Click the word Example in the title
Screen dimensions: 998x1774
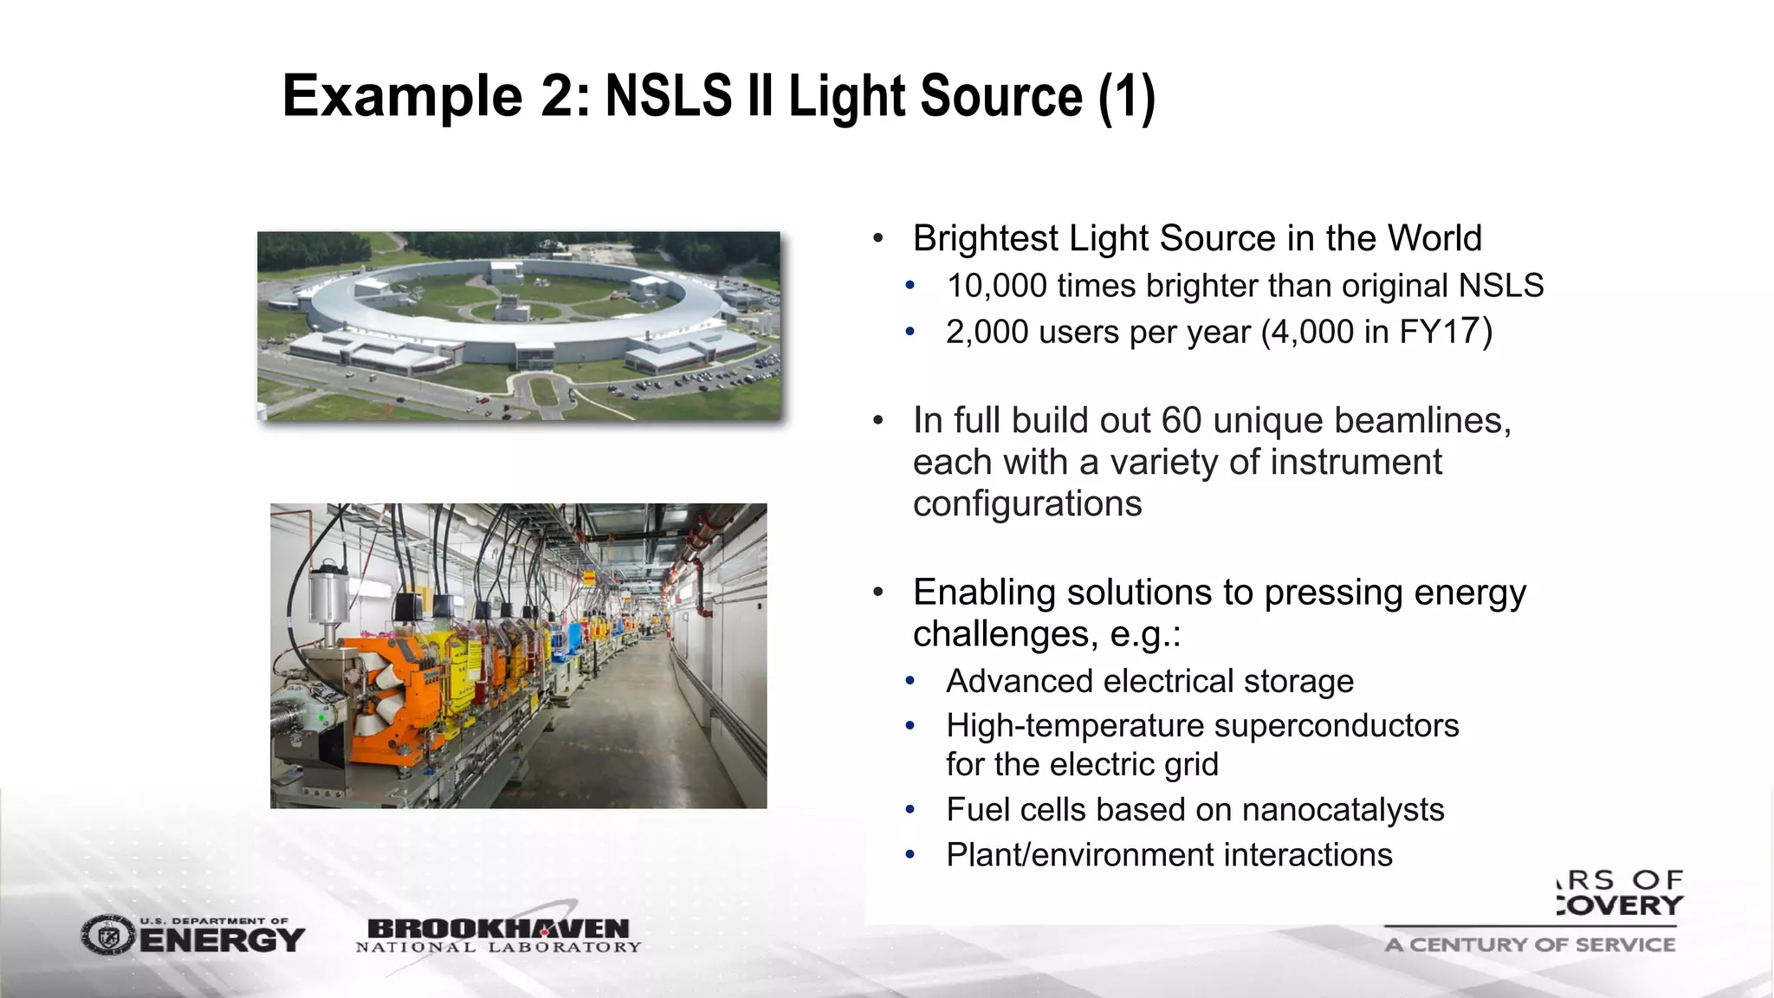pyautogui.click(x=402, y=96)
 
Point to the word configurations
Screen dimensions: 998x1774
pyautogui.click(x=1026, y=504)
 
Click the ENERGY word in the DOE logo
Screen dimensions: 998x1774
pyautogui.click(x=222, y=941)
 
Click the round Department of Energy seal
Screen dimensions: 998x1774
pyautogui.click(x=108, y=936)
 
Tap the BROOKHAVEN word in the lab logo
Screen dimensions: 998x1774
pyautogui.click(x=498, y=928)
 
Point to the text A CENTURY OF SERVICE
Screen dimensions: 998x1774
pyautogui.click(x=1529, y=945)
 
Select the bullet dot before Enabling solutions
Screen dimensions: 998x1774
pyautogui.click(x=877, y=593)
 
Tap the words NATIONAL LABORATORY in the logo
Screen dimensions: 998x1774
pyautogui.click(x=498, y=948)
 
